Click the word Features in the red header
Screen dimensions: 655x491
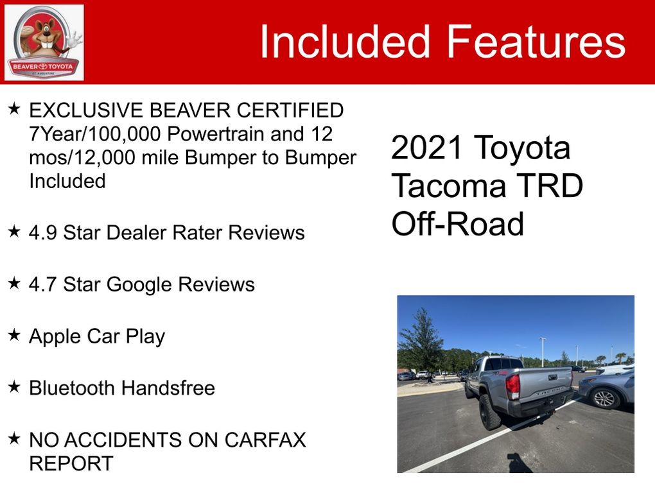536,41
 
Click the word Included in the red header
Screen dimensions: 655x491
345,41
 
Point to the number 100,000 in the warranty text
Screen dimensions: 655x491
125,134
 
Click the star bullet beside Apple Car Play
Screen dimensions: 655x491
14,335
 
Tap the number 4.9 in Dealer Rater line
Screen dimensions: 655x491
42,232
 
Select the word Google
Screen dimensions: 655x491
139,285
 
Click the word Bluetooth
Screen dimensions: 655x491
71,388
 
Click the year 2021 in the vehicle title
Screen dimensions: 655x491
427,148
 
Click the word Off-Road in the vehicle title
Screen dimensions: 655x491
457,224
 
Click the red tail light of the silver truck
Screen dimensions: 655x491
512,386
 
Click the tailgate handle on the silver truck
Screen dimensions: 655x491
553,377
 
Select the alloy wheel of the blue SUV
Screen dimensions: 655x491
604,398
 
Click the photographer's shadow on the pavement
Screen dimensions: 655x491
518,463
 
